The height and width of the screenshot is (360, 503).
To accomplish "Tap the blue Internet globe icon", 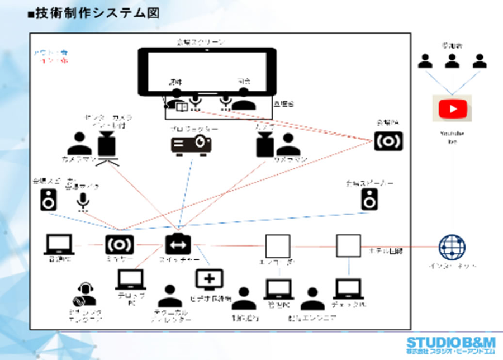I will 452,245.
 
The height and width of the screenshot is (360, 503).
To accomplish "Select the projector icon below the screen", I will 191,144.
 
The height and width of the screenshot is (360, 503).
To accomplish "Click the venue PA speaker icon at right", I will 388,141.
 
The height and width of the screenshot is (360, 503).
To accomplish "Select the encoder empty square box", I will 277,245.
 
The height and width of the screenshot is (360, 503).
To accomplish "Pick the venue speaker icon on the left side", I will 49,200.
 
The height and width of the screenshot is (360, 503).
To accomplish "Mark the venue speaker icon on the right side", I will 369,199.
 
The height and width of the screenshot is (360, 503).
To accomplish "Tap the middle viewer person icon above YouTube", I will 452,61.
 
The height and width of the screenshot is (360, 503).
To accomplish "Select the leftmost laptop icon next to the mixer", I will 59,245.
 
